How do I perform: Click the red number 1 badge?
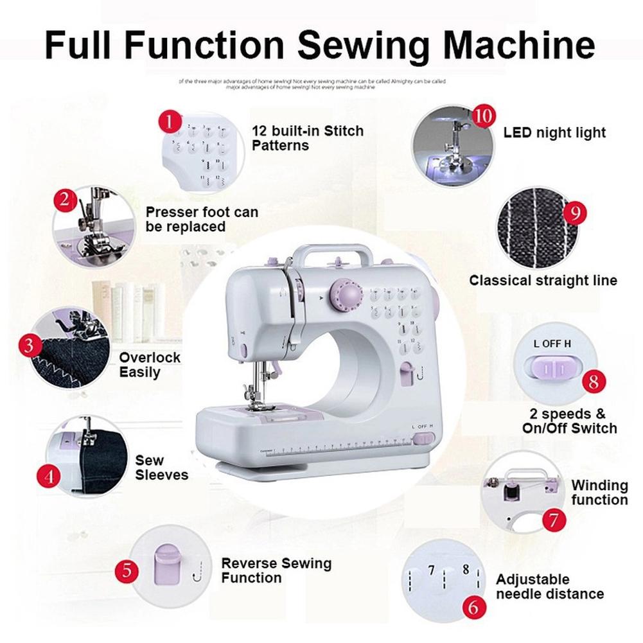[x=169, y=121]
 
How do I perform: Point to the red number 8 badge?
[x=593, y=382]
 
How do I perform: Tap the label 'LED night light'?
[x=554, y=133]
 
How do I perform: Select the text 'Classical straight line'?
[x=543, y=281]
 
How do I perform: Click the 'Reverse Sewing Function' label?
[x=276, y=570]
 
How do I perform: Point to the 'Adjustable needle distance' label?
[x=550, y=586]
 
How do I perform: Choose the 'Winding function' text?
[x=599, y=493]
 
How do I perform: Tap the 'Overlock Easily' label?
[x=150, y=365]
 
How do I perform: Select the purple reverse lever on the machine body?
[x=407, y=373]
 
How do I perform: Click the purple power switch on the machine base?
[x=422, y=439]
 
